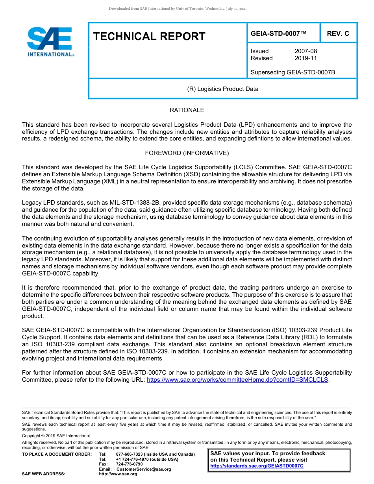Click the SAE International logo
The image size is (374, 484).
coord(50,42)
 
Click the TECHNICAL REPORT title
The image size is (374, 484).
coord(149,37)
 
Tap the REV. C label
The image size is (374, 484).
coord(338,33)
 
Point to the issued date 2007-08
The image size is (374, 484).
coord(305,51)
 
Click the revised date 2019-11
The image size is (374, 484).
coord(305,58)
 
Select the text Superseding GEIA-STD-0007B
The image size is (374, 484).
coord(293,72)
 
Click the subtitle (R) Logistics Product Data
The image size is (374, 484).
coord(222,89)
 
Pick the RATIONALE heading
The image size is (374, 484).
coord(187,110)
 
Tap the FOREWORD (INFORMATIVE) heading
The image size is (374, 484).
coord(187,153)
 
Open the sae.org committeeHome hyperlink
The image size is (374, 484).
coord(237,380)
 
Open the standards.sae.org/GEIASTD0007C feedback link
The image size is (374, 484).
coord(257,466)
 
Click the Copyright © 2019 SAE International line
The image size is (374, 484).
coord(56,436)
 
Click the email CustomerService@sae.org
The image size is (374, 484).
coord(144,469)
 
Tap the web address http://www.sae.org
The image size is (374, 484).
coord(118,474)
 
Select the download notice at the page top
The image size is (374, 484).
coord(178,9)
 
